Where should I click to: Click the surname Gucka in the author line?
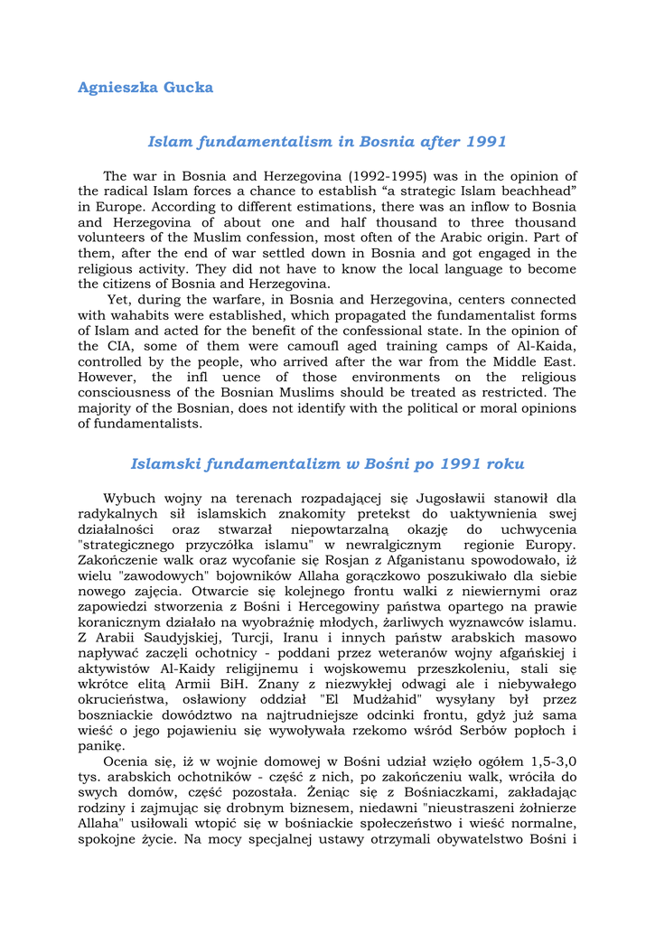188,88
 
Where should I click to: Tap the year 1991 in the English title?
486,142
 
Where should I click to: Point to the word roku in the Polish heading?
505,464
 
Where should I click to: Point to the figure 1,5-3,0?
541,761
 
